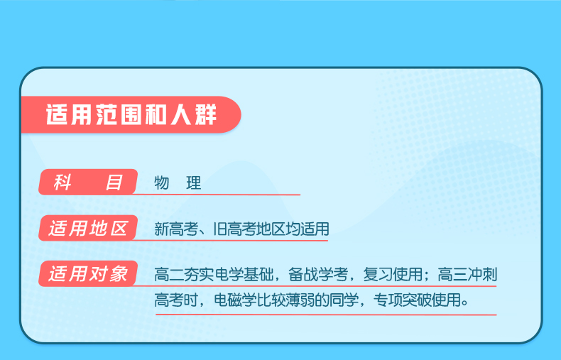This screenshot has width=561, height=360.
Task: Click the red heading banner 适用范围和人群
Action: [131, 115]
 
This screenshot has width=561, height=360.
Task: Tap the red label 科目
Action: [88, 182]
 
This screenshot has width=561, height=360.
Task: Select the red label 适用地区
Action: [88, 229]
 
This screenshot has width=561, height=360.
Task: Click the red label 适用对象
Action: [88, 274]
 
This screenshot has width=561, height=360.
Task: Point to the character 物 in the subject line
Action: [162, 183]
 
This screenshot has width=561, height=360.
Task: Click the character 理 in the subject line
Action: [194, 183]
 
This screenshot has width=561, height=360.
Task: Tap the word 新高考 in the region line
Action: [176, 229]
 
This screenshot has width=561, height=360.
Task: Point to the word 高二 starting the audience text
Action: [168, 275]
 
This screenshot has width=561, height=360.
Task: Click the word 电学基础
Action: [244, 275]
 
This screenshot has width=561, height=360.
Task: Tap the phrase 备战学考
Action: [318, 275]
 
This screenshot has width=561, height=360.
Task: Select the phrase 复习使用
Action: [393, 275]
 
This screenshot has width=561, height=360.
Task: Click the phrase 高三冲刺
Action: [468, 275]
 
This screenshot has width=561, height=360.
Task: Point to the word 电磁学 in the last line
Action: [236, 300]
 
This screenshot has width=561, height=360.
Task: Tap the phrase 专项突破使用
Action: [417, 300]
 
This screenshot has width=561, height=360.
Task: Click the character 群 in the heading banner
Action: [206, 115]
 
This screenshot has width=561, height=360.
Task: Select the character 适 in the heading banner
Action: [57, 115]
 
